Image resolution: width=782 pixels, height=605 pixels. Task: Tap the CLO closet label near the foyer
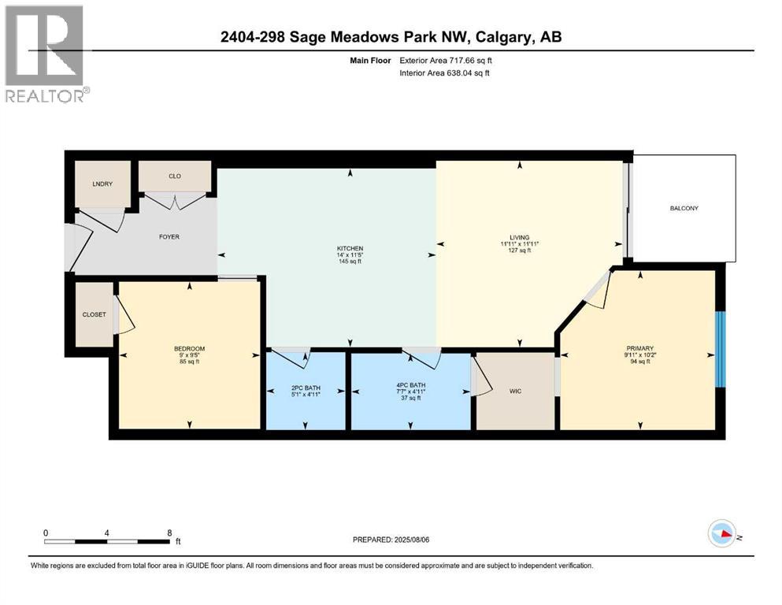pos(174,176)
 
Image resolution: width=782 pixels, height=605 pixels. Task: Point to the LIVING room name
pos(519,237)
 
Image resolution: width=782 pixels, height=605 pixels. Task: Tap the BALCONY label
pos(684,208)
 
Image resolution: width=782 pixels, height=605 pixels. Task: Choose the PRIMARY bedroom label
pos(640,348)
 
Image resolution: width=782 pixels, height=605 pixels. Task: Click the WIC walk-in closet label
pos(516,392)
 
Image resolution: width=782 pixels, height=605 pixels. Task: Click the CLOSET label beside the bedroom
pos(94,314)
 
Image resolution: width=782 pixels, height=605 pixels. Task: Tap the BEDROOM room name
pos(189,348)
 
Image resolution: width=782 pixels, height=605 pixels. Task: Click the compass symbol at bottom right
pos(721,534)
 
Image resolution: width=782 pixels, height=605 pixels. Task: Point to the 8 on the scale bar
pos(169,533)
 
